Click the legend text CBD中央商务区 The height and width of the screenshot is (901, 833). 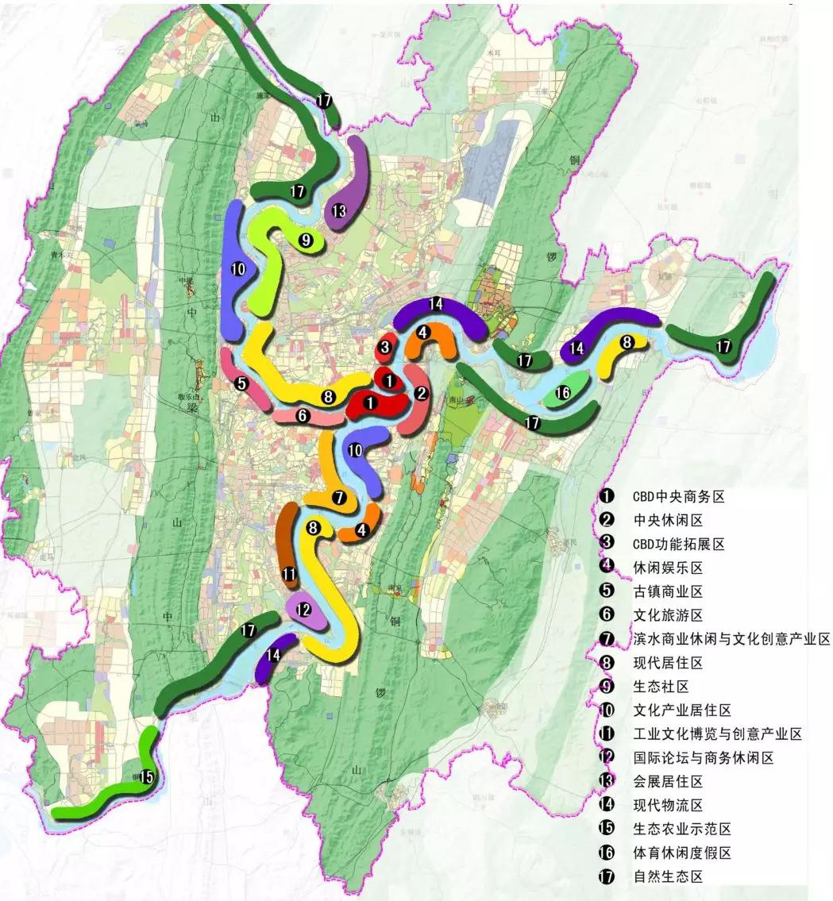click(x=679, y=497)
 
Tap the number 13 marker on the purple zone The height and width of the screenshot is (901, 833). click(x=340, y=211)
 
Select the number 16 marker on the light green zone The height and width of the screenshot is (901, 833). click(x=562, y=392)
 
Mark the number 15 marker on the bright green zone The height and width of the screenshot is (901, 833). click(x=146, y=778)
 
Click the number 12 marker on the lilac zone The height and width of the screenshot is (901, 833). click(x=302, y=610)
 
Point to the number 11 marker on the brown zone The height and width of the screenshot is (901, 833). click(x=289, y=573)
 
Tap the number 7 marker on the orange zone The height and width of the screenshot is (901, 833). click(x=339, y=499)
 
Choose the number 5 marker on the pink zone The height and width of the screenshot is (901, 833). click(x=242, y=383)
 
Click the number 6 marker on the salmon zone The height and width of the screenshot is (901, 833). click(x=302, y=415)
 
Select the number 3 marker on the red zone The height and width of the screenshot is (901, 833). click(x=385, y=346)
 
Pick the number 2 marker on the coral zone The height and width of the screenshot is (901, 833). click(x=421, y=393)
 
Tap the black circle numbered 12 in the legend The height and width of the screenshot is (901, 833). click(x=608, y=758)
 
